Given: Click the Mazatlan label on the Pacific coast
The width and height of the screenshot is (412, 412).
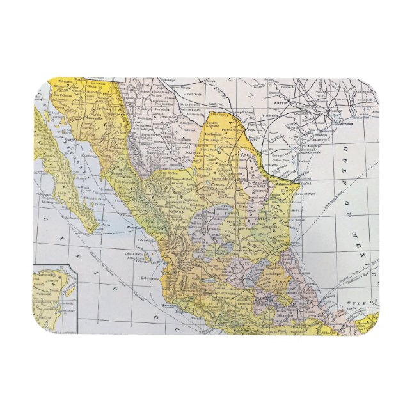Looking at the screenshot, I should point(135,227).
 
